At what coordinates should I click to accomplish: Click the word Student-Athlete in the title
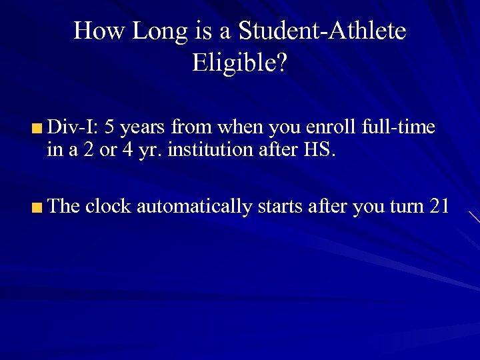(321, 31)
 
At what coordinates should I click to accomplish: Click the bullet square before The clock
(39, 207)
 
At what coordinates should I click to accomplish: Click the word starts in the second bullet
(281, 207)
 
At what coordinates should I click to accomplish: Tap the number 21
(439, 206)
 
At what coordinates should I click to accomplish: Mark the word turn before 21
(407, 207)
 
